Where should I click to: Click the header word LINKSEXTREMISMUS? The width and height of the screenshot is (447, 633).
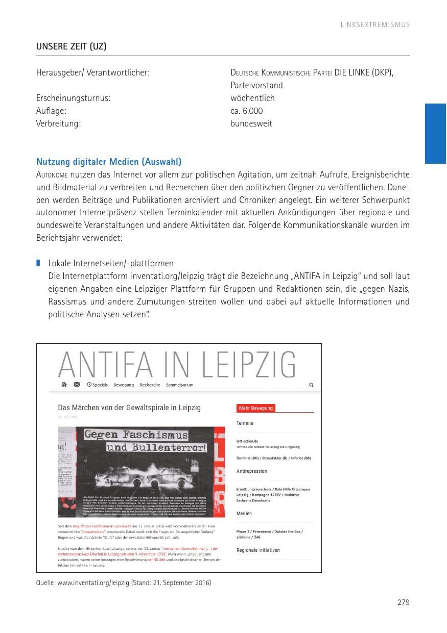tap(375, 24)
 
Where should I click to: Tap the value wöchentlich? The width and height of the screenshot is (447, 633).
tap(252, 98)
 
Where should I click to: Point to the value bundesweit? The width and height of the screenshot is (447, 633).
tap(251, 123)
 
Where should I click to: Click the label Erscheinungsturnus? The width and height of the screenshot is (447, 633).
tap(73, 98)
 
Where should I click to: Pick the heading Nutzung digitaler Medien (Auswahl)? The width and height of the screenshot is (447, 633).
tap(108, 162)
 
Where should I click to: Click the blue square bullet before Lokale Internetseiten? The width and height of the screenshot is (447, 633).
tap(38, 263)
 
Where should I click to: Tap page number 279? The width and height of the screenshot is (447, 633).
tap(403, 602)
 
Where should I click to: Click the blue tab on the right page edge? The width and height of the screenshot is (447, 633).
tap(435, 133)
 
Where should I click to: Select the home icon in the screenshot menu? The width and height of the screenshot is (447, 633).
tap(64, 385)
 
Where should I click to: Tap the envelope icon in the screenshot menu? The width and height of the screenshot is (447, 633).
tap(77, 385)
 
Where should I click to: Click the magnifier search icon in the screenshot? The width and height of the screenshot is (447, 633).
tap(312, 385)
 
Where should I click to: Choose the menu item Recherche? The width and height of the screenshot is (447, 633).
tap(150, 385)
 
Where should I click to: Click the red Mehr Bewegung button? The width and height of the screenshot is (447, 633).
tap(255, 408)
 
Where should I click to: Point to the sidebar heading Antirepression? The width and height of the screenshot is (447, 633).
tap(251, 471)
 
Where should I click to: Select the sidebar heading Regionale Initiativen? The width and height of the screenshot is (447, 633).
tap(258, 550)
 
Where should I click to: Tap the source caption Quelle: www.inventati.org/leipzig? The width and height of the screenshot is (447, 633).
tap(123, 583)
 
